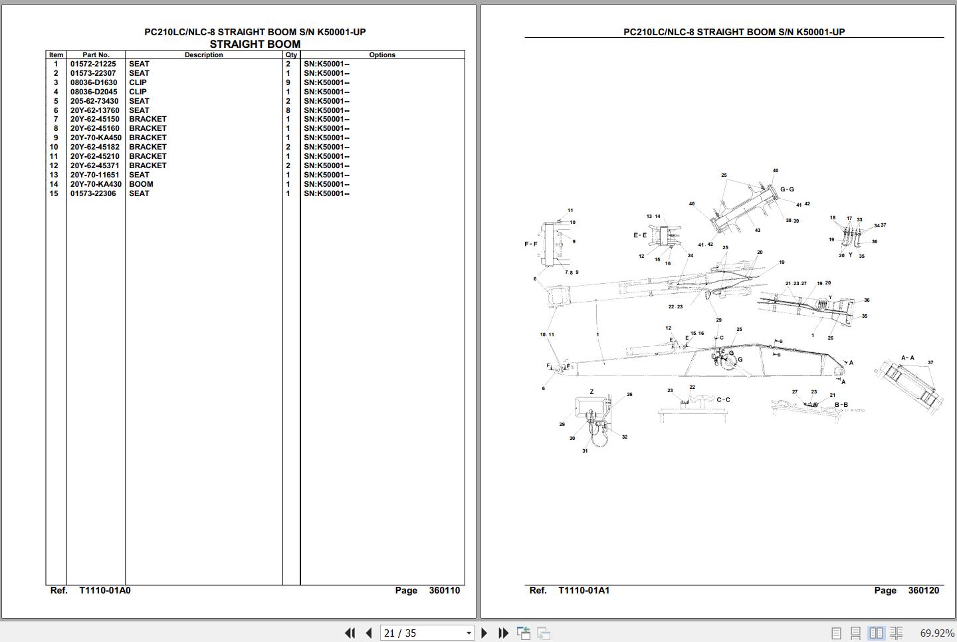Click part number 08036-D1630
94,82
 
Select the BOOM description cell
141,184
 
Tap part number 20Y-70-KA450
96,138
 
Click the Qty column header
291,54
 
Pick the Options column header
382,54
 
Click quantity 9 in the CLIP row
288,82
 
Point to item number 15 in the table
54,193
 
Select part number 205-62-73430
94,101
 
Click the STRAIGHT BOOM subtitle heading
255,44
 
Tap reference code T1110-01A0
105,590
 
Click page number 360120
924,590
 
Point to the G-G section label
787,189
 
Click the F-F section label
531,244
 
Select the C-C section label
723,400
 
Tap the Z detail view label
591,391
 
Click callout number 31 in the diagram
585,451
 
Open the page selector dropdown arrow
469,633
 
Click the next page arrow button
484,633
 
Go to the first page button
350,633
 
